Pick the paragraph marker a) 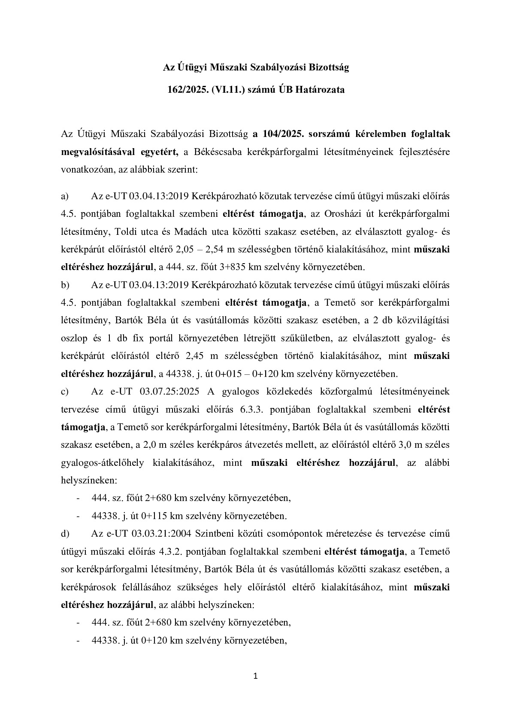[x=65, y=197]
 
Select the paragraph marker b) [x=65, y=285]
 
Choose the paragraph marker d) [x=65, y=534]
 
